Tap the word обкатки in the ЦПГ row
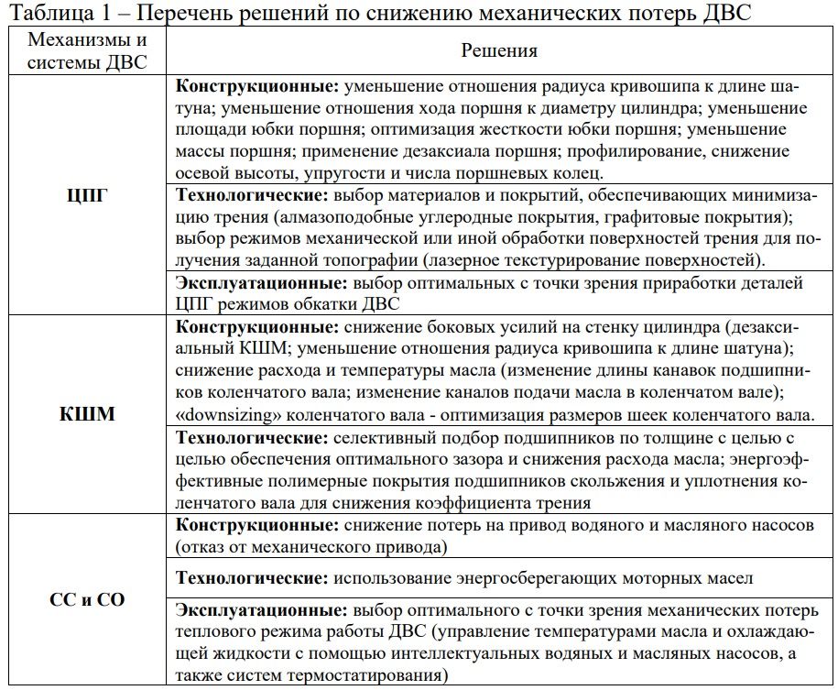(x=329, y=303)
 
